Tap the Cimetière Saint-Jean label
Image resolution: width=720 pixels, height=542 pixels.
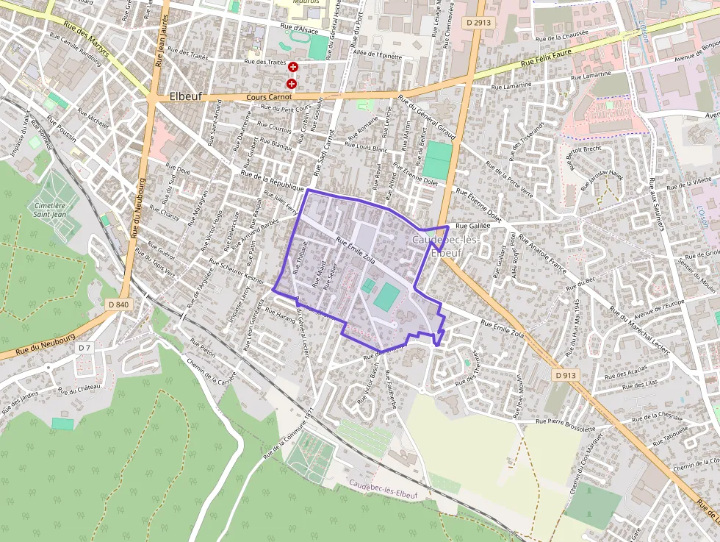coord(50,211)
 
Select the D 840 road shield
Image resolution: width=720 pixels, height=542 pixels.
coord(118,304)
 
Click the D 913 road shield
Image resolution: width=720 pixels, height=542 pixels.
coord(566,375)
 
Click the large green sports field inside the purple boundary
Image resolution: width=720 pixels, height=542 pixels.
coord(387,297)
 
